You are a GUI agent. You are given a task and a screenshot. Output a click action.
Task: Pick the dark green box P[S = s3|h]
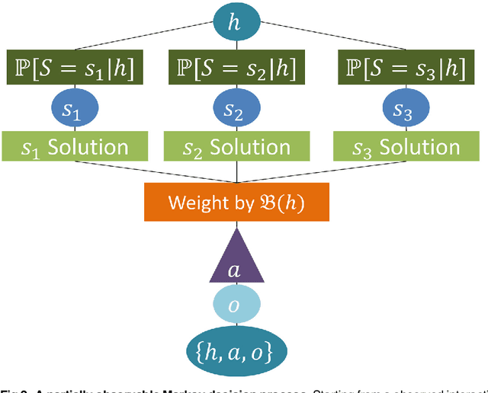[401, 69]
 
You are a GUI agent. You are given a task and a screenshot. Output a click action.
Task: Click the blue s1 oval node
[71, 110]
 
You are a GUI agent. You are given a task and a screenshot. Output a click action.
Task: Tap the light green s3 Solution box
[401, 147]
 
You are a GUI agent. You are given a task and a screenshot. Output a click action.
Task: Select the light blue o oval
[236, 305]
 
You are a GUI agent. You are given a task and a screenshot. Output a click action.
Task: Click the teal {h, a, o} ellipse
[236, 350]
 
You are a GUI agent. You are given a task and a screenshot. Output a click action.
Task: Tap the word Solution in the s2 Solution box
[250, 147]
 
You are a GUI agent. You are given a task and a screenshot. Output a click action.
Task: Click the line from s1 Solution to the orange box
[152, 172]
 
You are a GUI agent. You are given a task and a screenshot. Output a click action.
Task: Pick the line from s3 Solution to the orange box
[320, 172]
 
